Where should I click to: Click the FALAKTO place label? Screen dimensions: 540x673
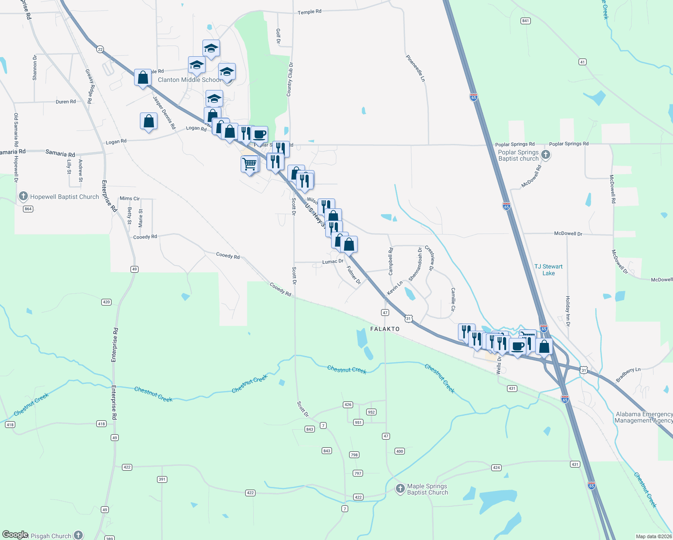tap(385, 329)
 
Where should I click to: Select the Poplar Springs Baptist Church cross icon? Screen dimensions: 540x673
tap(546, 155)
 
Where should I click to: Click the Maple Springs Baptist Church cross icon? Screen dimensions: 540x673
tap(400, 489)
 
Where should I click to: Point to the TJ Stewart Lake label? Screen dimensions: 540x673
tap(548, 270)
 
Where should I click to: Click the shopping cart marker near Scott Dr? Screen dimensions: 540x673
tap(250, 164)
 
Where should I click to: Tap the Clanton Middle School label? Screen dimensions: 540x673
tap(189, 80)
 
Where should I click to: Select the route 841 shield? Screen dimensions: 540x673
tap(525, 21)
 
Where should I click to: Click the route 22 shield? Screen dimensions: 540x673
tap(100, 49)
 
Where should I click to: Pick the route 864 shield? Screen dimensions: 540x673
tap(28, 209)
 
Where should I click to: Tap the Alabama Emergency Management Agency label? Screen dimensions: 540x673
tap(643, 417)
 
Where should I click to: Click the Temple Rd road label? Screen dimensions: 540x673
tap(310, 12)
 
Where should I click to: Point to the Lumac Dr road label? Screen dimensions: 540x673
tap(333, 261)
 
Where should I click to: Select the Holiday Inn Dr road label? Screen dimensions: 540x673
tap(568, 311)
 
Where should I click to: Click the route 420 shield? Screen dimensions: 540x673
tap(106, 302)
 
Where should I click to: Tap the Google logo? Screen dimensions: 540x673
tap(15, 535)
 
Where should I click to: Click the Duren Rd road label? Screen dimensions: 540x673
tap(66, 102)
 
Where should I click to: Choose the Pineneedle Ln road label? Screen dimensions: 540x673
tap(415, 68)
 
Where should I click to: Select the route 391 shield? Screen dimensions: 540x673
tap(162, 479)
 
